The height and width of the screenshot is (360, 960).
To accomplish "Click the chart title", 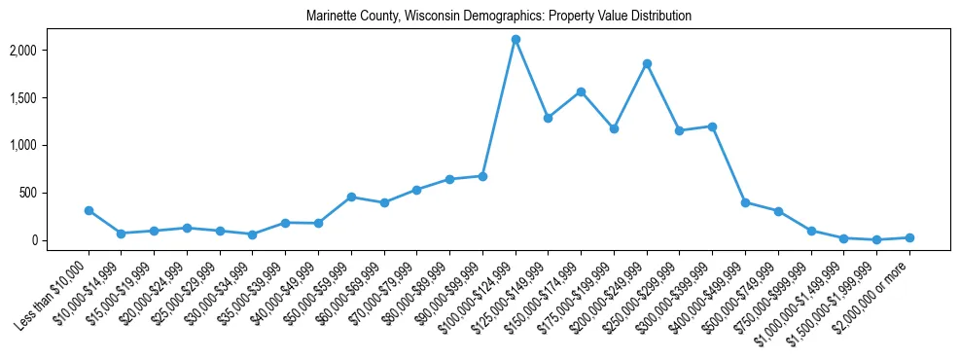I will [499, 17].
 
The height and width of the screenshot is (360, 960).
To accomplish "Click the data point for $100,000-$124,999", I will [516, 39].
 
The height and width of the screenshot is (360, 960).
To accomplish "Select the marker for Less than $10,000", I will [89, 210].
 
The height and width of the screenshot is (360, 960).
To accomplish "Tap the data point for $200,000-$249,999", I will [647, 63].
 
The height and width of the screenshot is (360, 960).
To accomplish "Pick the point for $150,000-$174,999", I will [581, 91].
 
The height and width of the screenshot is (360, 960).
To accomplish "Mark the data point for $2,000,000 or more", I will [909, 237].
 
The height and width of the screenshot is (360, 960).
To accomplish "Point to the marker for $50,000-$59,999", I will [351, 197].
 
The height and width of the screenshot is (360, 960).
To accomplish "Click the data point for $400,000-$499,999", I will [745, 202].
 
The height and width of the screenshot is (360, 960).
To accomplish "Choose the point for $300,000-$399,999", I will [713, 126].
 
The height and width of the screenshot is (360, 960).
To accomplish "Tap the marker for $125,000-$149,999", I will [549, 118].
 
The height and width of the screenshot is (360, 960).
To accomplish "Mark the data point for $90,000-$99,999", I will [482, 176].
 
